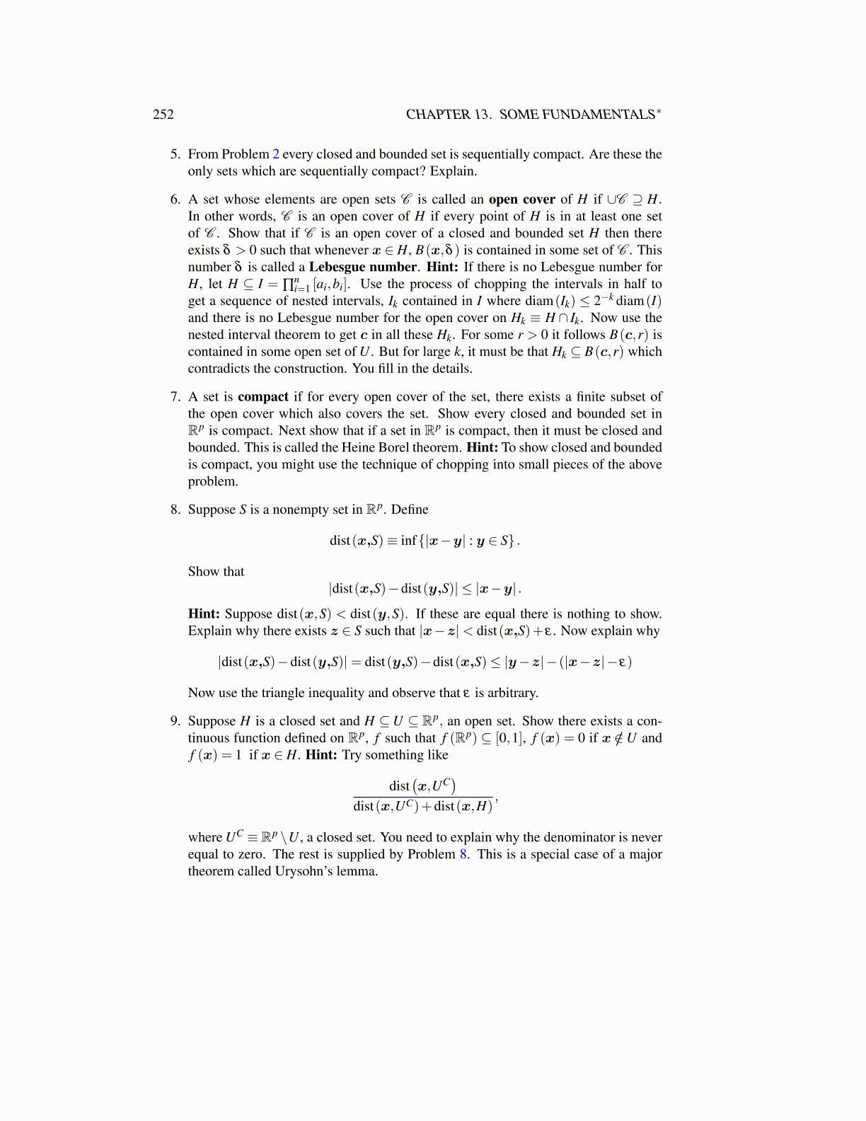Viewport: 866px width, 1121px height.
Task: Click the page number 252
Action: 163,115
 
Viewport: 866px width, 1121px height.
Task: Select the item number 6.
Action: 175,200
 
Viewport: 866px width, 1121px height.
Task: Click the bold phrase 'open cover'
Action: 521,200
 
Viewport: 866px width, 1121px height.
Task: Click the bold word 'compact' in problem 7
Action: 263,397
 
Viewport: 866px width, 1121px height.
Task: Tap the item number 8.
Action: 175,510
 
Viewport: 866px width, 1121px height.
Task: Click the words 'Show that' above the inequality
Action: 216,572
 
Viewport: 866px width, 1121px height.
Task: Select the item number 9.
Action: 175,721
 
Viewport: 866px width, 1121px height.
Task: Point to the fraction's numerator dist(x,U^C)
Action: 422,786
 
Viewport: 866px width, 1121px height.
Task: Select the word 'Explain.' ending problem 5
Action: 454,171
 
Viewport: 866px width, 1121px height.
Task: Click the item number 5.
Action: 175,154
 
